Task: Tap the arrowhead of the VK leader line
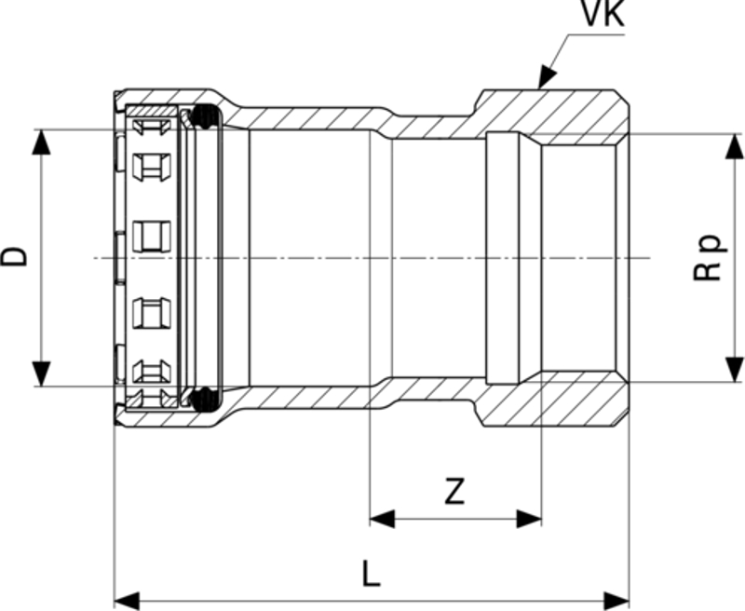pos(543,81)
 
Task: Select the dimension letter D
pos(16,256)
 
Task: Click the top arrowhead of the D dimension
pos(40,140)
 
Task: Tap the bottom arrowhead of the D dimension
pos(40,373)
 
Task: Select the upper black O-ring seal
pos(205,117)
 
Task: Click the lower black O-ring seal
pos(205,400)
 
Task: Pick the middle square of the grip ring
pos(152,237)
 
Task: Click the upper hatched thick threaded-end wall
pos(559,112)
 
